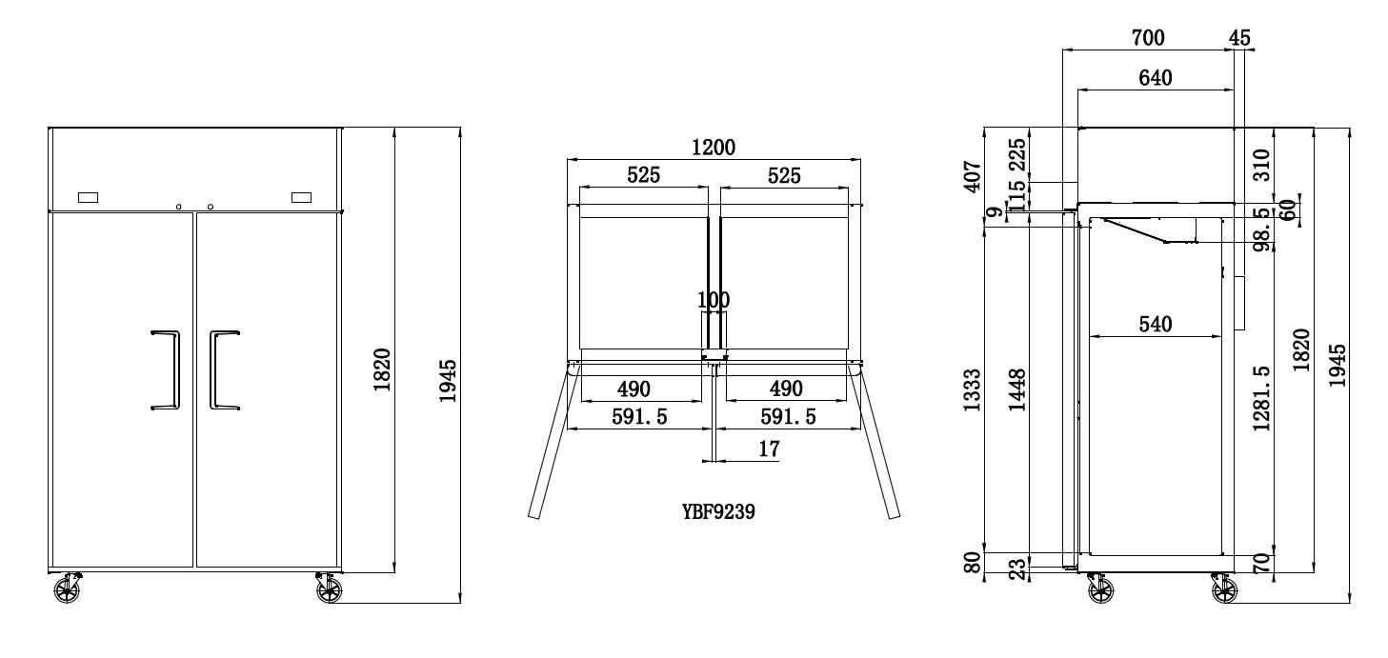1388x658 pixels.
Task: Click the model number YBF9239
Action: coord(718,511)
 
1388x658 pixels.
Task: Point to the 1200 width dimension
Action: coord(714,148)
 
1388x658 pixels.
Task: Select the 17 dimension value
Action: coord(769,449)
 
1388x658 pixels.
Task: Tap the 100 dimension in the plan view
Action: coord(714,301)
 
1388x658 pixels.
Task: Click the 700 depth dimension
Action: coord(1148,38)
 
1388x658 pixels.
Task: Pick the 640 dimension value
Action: coord(1155,78)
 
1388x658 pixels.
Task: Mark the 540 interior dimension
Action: coord(1155,324)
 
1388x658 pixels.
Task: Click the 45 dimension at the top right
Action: coord(1239,38)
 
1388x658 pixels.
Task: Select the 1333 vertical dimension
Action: coord(973,389)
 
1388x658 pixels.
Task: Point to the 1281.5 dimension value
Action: coord(1261,398)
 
